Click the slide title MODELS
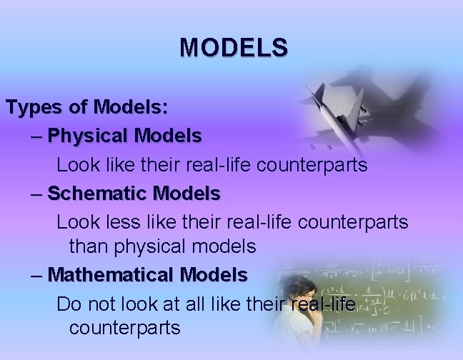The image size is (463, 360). [234, 47]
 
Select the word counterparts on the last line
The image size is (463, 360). [124, 328]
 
